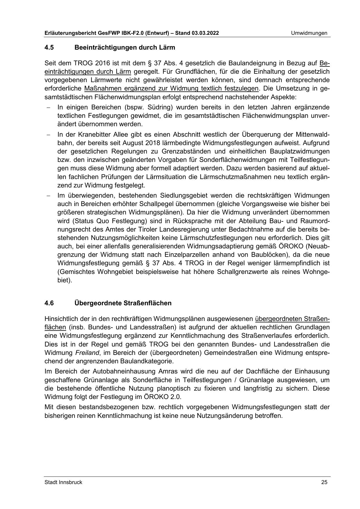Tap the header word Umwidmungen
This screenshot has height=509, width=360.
[x=309, y=33]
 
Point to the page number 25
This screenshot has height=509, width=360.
[x=324, y=482]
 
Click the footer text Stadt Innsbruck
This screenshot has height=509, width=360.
[x=63, y=482]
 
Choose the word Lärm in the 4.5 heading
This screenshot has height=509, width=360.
[x=167, y=47]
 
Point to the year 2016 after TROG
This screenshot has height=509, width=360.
[x=103, y=63]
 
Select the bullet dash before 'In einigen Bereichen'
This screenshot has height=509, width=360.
[x=48, y=108]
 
